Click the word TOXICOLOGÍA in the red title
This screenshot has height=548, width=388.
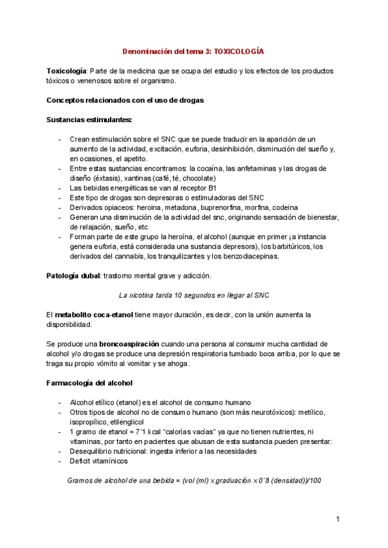click(239, 50)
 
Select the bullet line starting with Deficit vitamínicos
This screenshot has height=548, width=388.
click(98, 461)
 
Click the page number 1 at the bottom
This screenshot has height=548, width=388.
click(338, 520)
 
